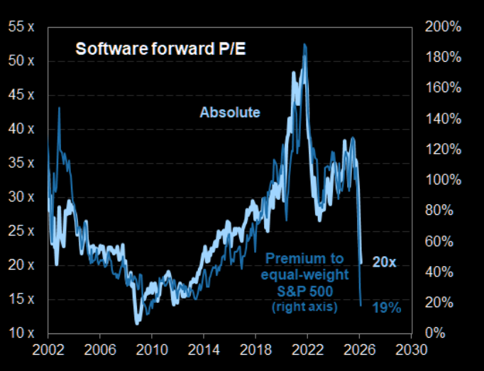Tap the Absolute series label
pos(229,112)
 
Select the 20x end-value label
pos(384,262)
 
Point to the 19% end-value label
pos(387,308)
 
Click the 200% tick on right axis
pos(444,27)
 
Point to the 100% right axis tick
pos(444,179)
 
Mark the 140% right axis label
pos(444,118)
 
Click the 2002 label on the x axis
pos(48,350)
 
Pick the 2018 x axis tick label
pos(255,350)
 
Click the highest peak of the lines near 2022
pos(305,44)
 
